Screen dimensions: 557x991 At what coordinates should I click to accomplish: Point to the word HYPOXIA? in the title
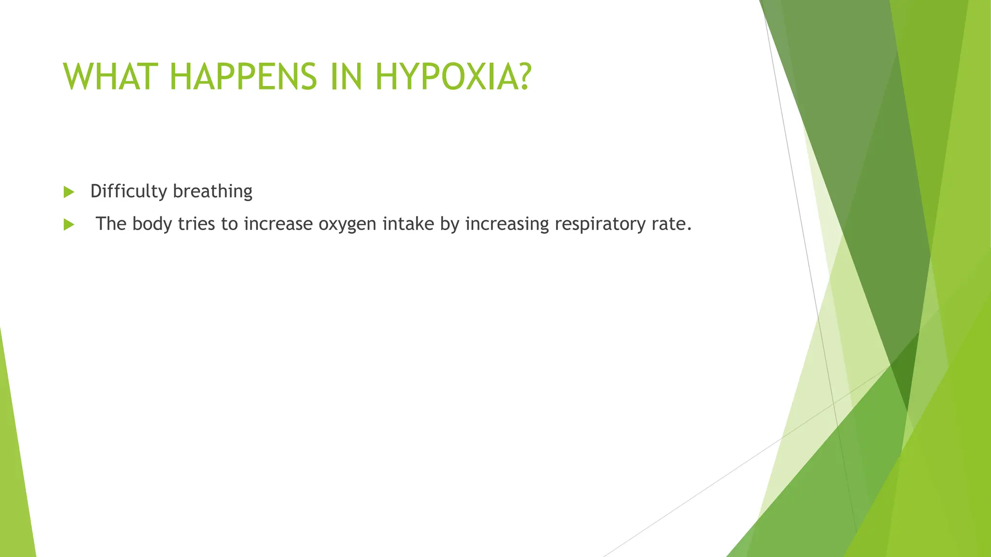(453, 77)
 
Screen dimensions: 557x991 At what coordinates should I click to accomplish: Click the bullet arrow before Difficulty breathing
(69, 192)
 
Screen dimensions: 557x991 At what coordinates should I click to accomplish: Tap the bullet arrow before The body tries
(69, 224)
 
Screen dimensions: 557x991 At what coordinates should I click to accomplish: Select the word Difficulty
(129, 191)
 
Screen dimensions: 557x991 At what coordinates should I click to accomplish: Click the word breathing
(212, 191)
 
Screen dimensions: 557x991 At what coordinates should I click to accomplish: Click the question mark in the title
(522, 77)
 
